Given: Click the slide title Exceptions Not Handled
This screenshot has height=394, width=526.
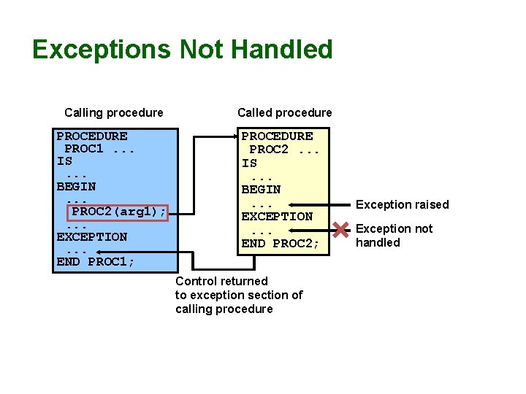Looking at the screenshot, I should [183, 50].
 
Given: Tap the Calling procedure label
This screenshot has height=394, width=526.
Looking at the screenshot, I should [114, 112].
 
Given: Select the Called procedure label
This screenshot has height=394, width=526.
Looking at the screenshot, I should [284, 112].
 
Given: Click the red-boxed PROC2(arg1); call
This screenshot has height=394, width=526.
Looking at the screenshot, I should [119, 212].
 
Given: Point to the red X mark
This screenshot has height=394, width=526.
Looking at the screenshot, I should [340, 231].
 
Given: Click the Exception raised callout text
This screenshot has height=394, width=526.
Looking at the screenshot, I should [402, 205].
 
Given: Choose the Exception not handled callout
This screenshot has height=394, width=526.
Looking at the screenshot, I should [394, 236].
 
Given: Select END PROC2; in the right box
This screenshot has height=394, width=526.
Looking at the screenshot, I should [280, 244].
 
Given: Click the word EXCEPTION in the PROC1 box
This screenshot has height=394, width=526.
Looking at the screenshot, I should [91, 237].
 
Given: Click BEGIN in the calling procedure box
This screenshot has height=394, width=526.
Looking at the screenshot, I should [76, 187].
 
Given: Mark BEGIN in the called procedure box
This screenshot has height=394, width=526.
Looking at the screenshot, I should [261, 190].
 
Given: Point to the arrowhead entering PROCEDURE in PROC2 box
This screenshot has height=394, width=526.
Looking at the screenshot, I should [237, 136].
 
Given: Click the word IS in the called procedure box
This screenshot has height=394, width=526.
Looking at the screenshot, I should [249, 163].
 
